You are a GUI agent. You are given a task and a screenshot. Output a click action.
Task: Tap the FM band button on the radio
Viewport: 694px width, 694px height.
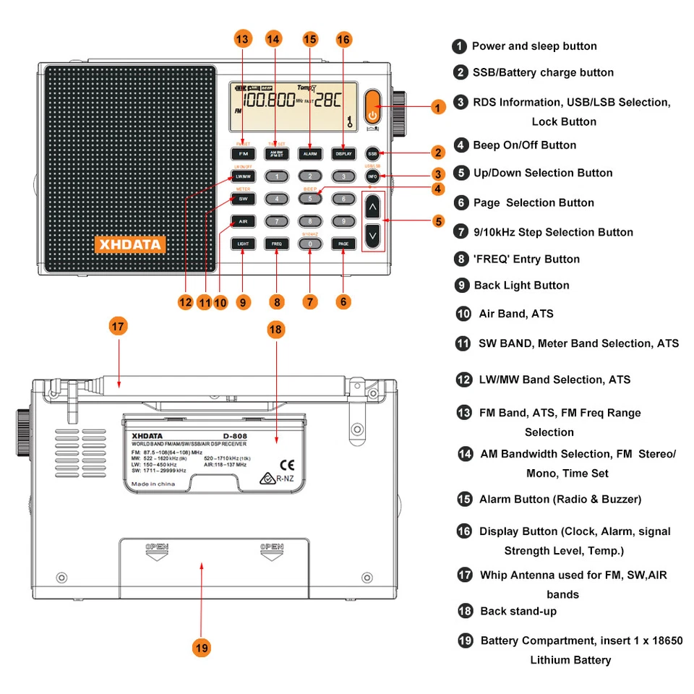tap(242, 154)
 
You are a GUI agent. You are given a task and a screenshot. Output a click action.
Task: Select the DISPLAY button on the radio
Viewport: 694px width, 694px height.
tap(343, 154)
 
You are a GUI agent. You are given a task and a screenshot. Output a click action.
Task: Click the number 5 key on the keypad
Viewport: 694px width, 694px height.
tap(309, 198)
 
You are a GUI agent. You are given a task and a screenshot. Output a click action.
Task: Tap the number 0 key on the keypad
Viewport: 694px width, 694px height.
tap(309, 244)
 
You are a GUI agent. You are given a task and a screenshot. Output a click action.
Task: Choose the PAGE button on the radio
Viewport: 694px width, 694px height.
tap(343, 244)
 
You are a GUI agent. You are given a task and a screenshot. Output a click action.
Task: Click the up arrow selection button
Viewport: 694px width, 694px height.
tap(372, 207)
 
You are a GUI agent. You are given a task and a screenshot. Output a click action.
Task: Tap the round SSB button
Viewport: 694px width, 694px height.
tap(372, 154)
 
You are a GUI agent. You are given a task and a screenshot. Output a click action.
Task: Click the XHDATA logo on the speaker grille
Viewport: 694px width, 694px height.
tap(130, 244)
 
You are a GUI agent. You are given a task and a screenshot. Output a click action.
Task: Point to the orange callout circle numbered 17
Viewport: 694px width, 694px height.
tap(119, 326)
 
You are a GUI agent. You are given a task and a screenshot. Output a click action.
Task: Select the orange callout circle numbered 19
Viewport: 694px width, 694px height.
tap(202, 648)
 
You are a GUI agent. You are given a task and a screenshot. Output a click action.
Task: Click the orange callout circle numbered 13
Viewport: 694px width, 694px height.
tap(243, 39)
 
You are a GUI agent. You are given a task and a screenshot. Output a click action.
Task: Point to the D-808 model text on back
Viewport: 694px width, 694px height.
tap(236, 435)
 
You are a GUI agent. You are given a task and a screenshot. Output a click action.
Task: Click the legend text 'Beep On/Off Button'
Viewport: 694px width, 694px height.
tap(524, 145)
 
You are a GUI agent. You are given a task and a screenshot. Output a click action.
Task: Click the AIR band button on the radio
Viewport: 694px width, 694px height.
tap(242, 221)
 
